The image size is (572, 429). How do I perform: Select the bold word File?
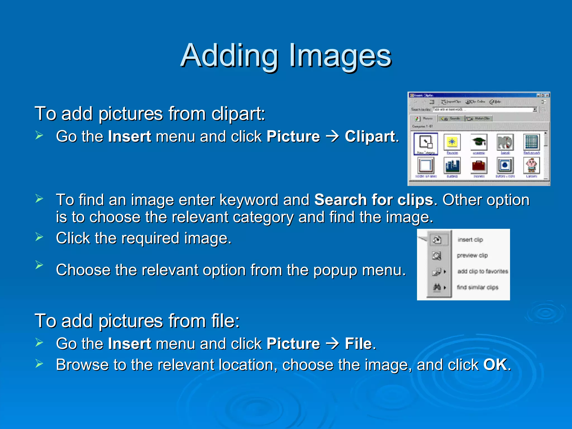click(358, 344)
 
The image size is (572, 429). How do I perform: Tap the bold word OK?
click(495, 365)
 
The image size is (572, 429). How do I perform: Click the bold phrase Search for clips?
click(374, 200)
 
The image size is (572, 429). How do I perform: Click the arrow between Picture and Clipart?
click(332, 137)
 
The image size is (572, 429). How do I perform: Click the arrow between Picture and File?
click(332, 344)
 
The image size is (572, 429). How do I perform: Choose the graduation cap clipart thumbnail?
click(479, 142)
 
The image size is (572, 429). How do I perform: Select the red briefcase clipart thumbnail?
click(479, 166)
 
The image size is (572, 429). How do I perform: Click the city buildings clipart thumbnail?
click(452, 166)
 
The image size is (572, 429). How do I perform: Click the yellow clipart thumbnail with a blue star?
click(452, 142)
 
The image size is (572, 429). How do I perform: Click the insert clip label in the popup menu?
click(470, 240)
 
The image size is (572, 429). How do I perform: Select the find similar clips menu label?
click(478, 287)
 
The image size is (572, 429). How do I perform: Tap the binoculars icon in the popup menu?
click(437, 287)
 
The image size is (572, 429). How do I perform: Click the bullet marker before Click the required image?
click(39, 237)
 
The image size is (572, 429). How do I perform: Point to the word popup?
click(335, 270)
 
